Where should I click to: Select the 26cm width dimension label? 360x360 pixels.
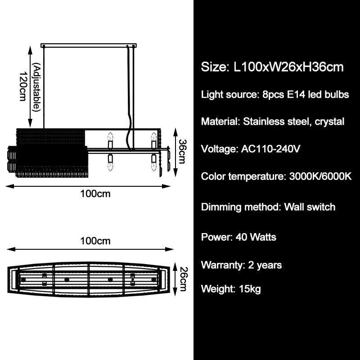pyautogui.click(x=182, y=279)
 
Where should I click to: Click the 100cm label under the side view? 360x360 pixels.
pyautogui.click(x=95, y=194)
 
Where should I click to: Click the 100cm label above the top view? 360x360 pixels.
pyautogui.click(x=95, y=241)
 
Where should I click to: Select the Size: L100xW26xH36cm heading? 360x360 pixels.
pyautogui.click(x=272, y=67)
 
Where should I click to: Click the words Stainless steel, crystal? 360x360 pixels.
pyautogui.click(x=293, y=121)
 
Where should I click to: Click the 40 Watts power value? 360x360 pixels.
pyautogui.click(x=256, y=237)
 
